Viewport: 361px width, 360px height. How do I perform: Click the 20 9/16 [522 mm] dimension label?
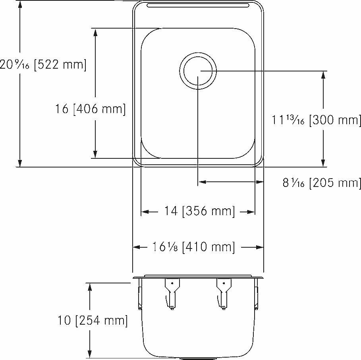coord(43,64)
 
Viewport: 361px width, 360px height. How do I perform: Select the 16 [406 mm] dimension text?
coord(90,109)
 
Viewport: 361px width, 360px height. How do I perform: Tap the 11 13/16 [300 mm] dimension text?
coord(316,120)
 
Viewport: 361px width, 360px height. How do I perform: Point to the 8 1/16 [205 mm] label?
coord(321,183)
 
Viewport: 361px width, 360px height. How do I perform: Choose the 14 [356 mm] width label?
coord(199,211)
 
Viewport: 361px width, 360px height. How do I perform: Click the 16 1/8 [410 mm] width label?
coord(193,247)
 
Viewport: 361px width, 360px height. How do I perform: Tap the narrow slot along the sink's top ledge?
coord(198,6)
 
